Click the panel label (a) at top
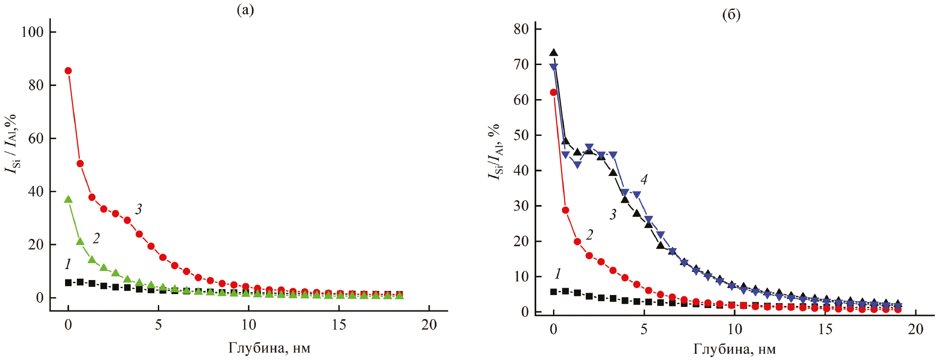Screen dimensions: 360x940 coord(245,10)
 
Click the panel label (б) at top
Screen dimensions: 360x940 coord(731,15)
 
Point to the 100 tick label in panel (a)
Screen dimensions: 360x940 coord(32,32)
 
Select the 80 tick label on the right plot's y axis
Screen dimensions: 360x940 coord(521,29)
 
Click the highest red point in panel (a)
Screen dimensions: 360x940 coord(68,71)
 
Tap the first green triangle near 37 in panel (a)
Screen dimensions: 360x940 coord(68,200)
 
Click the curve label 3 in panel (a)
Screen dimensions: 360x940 coord(138,209)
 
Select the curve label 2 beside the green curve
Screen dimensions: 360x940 coord(96,238)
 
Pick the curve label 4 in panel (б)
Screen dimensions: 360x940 coord(644,180)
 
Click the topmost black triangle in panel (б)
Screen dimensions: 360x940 coord(553,53)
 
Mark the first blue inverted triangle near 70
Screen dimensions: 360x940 coord(554,68)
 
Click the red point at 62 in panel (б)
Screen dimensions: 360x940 coord(553,92)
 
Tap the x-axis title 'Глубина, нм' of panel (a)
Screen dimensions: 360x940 coord(269,348)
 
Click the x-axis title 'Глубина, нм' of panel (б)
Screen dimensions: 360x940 coord(734,349)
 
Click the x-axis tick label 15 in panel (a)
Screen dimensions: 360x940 coord(339,325)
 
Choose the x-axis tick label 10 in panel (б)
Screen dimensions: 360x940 coord(735,329)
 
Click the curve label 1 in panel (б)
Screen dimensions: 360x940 coord(558,274)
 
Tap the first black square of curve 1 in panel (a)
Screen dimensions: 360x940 coord(68,283)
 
